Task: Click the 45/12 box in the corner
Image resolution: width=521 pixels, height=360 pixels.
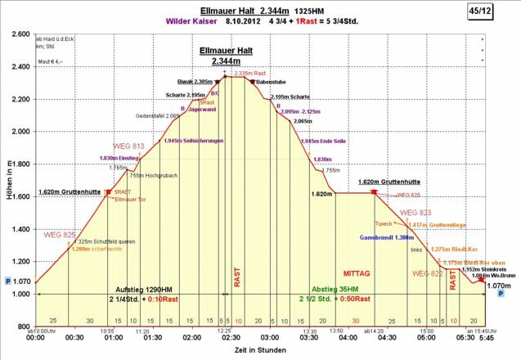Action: point(501,11)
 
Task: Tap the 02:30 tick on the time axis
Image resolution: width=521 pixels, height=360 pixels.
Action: point(231,336)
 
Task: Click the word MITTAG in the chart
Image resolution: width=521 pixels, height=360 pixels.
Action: point(357,272)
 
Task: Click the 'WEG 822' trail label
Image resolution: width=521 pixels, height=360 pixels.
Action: point(427,273)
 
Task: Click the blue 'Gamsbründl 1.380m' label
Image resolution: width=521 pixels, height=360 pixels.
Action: point(385,236)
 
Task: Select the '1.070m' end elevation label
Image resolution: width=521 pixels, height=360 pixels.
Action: point(499,286)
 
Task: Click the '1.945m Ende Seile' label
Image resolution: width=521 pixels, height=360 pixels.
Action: point(324,142)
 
